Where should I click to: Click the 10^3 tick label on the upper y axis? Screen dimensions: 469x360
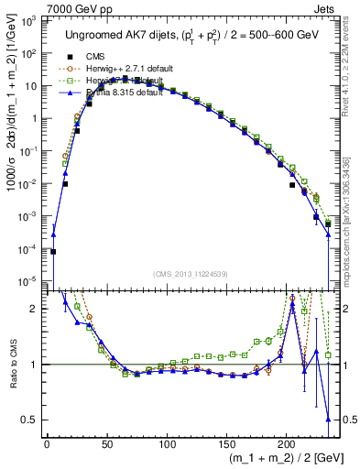[x=29, y=21]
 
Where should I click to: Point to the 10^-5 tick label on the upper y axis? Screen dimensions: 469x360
[x=29, y=280]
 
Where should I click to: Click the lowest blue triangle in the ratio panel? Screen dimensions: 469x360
[x=328, y=420]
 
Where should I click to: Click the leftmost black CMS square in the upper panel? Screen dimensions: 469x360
[x=53, y=251]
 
